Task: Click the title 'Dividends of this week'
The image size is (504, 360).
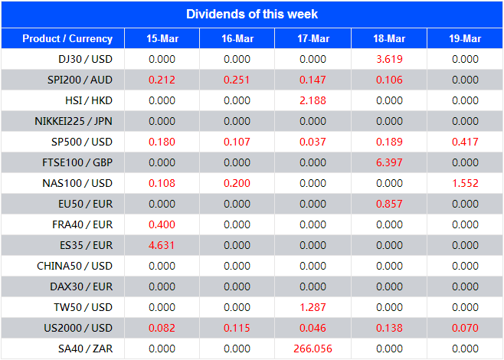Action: coord(252,14)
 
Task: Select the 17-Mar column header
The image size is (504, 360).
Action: coord(313,38)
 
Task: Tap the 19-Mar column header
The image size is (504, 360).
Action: coord(465,38)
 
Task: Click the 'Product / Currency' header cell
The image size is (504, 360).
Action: coord(67,38)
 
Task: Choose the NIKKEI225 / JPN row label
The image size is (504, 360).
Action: coord(74,121)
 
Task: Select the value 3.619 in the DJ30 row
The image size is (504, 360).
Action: coord(389,59)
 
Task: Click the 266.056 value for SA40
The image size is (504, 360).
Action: coord(313,349)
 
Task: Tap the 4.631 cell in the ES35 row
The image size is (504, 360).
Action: coord(162,245)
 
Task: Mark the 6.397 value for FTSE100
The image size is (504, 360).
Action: coord(389,162)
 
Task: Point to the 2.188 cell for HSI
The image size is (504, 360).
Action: coord(313,100)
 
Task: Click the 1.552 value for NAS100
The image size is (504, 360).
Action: coord(465,183)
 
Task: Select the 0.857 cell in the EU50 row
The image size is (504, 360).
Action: coord(389,204)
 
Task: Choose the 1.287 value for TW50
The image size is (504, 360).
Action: coord(313,307)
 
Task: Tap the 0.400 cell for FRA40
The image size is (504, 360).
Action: coord(162,224)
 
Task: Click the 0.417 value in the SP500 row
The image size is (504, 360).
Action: coord(465,142)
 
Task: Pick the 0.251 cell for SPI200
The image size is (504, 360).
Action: coord(237,80)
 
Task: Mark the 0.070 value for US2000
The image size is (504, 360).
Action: coord(465,328)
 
